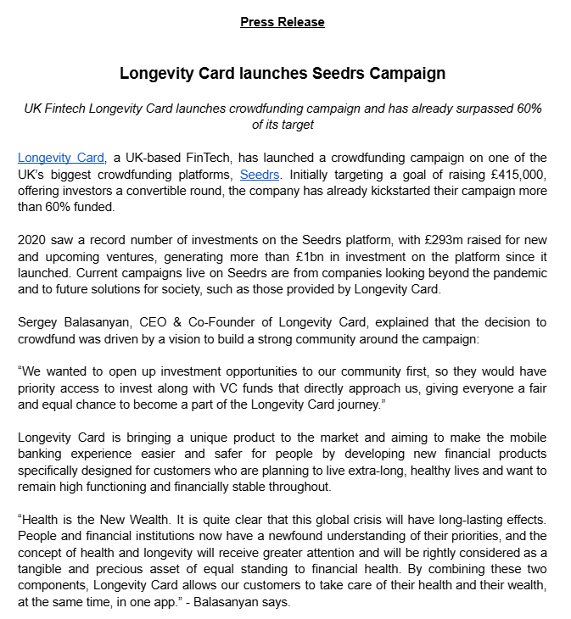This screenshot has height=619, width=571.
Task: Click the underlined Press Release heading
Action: click(283, 22)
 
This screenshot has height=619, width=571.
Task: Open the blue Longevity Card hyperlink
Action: click(61, 158)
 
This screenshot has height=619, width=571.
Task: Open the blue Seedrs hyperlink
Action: click(260, 175)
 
